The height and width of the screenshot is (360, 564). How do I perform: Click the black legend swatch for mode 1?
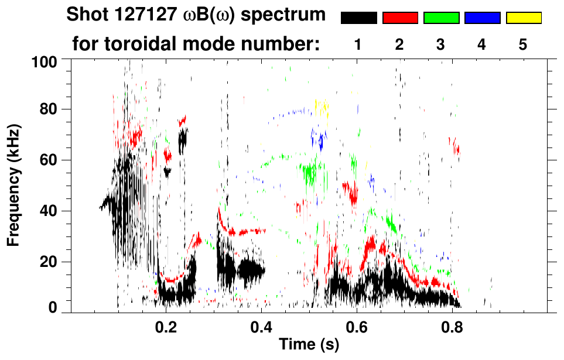pos(358,18)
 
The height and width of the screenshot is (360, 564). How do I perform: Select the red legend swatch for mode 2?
pos(400,18)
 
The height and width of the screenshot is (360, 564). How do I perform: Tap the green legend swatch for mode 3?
pos(441,18)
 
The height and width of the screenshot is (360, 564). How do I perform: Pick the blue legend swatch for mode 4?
pos(482,18)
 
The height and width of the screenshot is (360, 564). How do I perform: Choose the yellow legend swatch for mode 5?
pos(524,18)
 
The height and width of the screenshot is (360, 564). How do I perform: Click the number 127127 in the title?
pos(139,15)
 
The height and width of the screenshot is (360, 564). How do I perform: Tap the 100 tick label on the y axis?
pos(45,60)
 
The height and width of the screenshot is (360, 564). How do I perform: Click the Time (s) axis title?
pos(309,345)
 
